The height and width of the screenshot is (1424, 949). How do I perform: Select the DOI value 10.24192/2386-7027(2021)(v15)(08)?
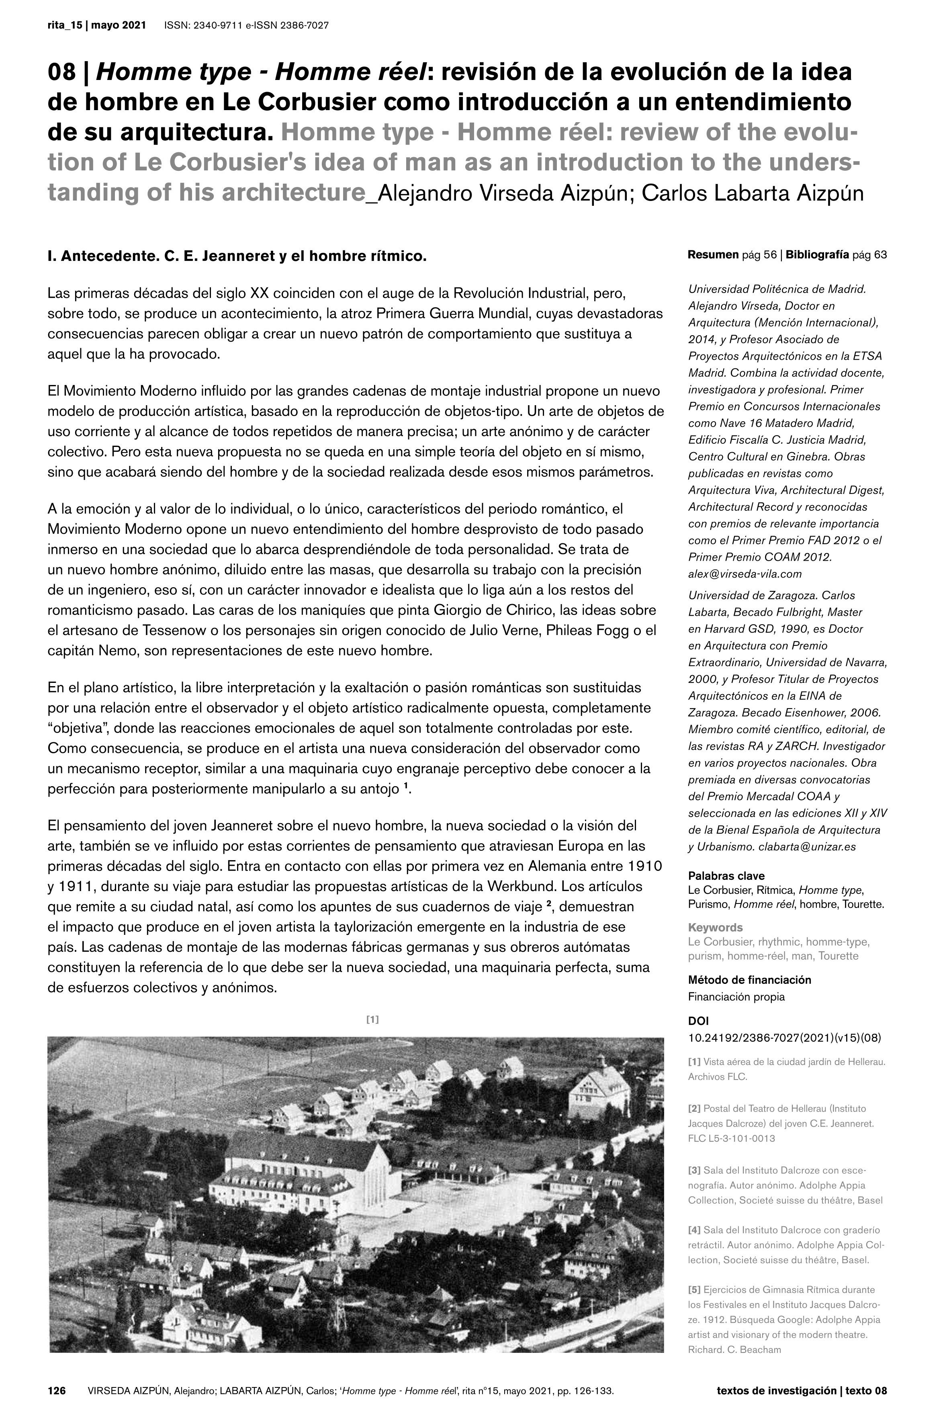tap(784, 1037)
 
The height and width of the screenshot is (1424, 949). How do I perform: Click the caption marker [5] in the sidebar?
tap(694, 1290)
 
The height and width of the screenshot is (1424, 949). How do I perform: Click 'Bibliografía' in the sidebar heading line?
tap(817, 255)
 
